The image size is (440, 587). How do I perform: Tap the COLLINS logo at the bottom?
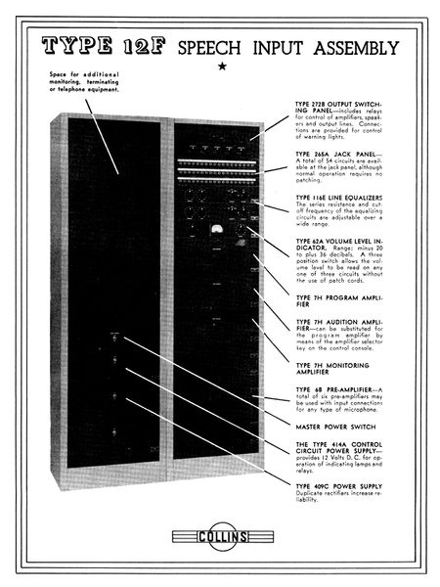[220, 537]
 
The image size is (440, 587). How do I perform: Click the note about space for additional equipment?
[88, 83]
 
